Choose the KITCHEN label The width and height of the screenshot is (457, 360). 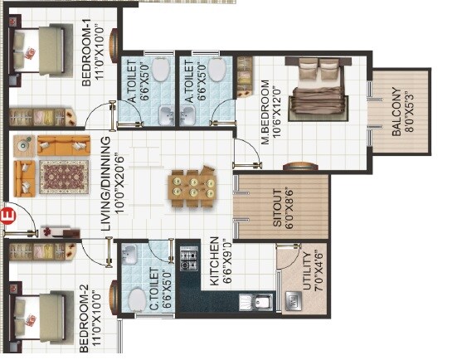[214, 260]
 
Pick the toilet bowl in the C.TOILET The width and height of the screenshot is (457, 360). [137, 296]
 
